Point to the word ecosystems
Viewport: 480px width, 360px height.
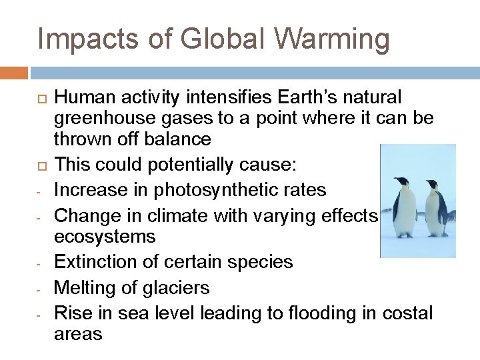pos(105,237)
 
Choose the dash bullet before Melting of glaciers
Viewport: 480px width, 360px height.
pos(39,289)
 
